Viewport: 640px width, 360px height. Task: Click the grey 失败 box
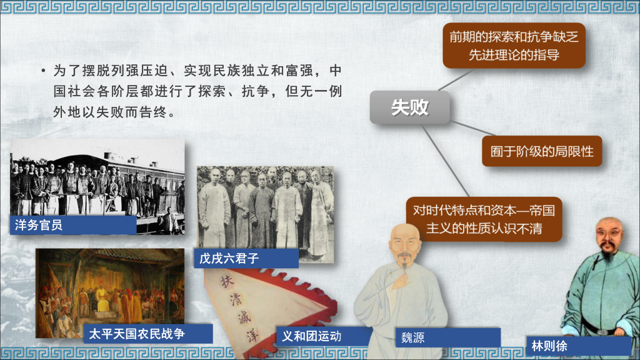pyautogui.click(x=409, y=107)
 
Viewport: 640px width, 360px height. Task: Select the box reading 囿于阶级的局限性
pyautogui.click(x=541, y=151)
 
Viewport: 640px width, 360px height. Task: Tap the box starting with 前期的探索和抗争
pyautogui.click(x=514, y=46)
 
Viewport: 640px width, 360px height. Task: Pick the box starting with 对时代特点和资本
pyautogui.click(x=483, y=219)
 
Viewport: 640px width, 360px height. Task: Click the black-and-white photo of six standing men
pyautogui.click(x=265, y=206)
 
